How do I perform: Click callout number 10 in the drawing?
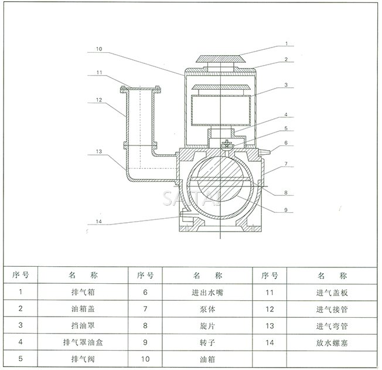100,49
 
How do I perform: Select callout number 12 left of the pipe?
100,100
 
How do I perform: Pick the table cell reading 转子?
208,341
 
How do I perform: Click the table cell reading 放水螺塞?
331,341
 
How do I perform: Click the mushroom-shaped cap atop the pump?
219,59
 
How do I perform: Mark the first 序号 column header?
21,274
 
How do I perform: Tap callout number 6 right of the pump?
286,142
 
